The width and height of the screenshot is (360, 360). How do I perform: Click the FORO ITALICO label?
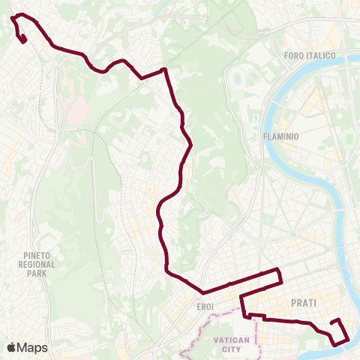(x=310, y=55)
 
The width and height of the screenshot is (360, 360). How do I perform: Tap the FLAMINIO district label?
(x=281, y=137)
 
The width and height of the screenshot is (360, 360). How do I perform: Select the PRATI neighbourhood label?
(x=304, y=303)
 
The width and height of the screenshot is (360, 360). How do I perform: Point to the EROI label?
(x=205, y=307)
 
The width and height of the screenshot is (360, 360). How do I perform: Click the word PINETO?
(x=35, y=256)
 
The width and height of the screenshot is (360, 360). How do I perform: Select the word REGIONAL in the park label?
(x=35, y=265)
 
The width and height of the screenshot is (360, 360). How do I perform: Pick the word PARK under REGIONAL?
(x=35, y=274)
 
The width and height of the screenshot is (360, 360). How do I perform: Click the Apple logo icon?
(x=12, y=347)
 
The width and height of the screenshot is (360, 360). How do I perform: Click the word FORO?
(x=295, y=55)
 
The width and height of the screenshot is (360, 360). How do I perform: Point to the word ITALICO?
(x=320, y=55)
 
